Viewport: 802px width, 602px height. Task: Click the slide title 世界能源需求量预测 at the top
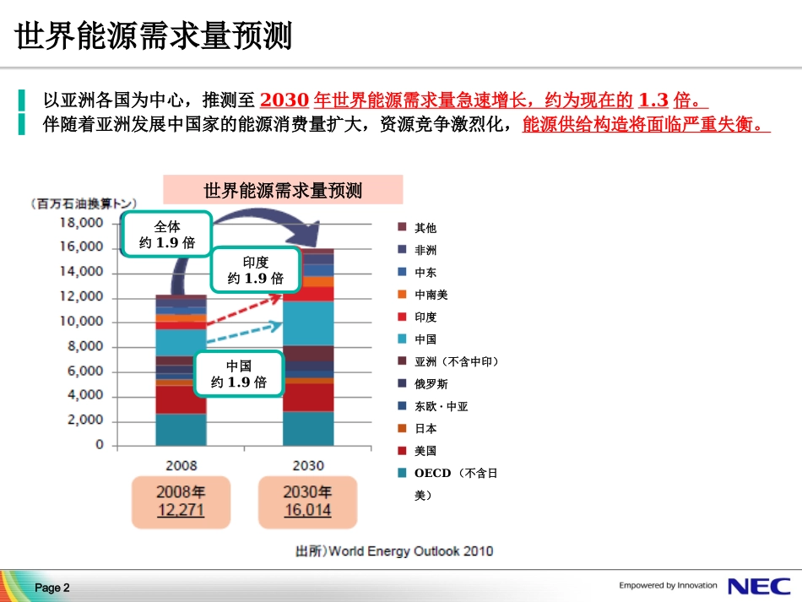point(154,38)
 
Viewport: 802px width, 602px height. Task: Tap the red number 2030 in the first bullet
point(285,100)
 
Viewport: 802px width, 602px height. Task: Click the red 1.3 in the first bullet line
point(653,100)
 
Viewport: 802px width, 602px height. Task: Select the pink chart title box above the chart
point(283,190)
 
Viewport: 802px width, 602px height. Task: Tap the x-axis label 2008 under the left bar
point(181,465)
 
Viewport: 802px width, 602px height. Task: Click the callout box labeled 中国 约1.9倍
point(239,374)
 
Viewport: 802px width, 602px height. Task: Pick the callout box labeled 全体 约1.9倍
point(166,236)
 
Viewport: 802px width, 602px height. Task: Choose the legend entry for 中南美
point(431,295)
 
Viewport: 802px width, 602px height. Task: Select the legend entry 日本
point(425,429)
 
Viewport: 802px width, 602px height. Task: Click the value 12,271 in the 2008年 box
point(181,511)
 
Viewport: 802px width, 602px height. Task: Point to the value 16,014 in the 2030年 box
point(307,511)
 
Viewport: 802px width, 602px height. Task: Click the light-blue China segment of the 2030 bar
point(308,323)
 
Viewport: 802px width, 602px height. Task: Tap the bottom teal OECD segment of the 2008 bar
point(181,429)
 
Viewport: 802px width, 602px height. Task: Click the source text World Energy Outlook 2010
point(410,551)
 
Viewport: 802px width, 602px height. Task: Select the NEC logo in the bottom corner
point(759,586)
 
